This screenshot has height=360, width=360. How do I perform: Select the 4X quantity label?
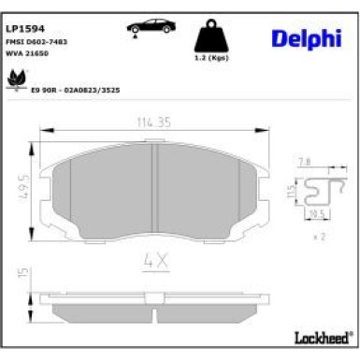click(155, 260)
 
